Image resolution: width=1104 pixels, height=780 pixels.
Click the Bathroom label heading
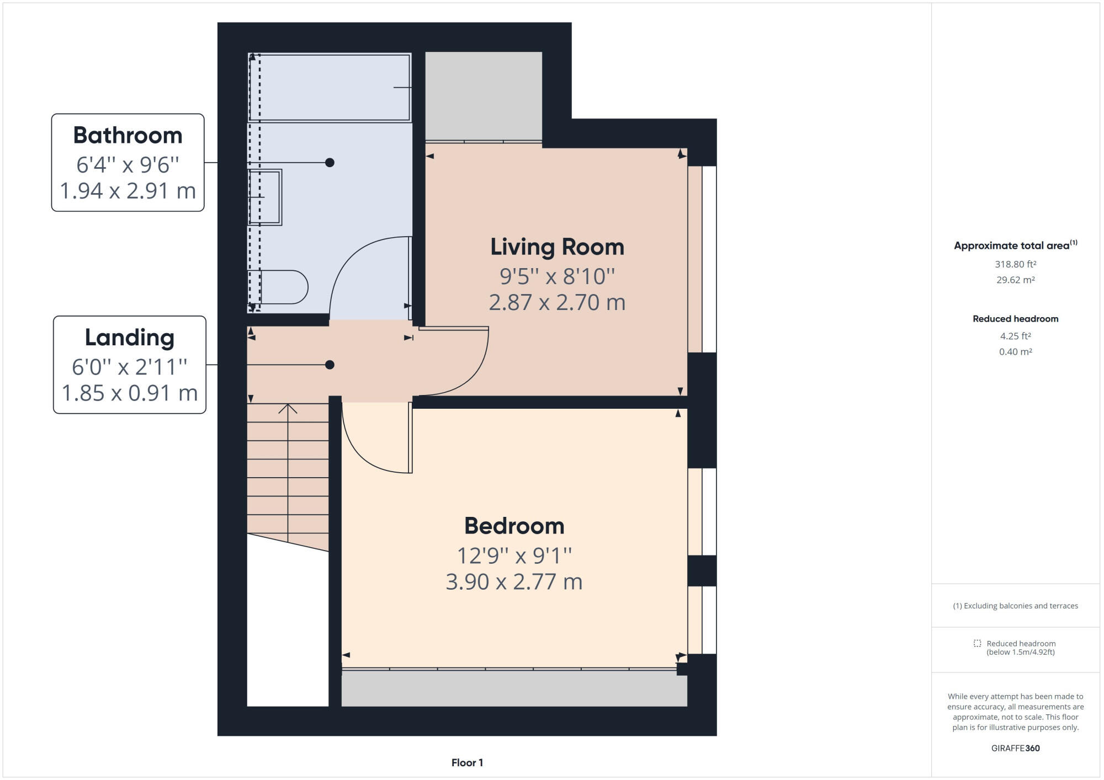128,136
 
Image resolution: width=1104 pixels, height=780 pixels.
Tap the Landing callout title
130,338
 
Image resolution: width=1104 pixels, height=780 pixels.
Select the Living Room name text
557,247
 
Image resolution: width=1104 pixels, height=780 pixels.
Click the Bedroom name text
514,526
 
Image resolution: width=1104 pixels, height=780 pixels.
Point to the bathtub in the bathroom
329,87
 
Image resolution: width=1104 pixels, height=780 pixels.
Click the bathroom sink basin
266,197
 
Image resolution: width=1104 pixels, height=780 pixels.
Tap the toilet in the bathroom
283,287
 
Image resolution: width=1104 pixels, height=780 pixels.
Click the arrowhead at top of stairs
288,409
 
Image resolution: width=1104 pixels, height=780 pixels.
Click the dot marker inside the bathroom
330,163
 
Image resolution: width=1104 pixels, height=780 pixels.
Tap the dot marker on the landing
330,365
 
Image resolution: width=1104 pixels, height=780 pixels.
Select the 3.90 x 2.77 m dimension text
514,582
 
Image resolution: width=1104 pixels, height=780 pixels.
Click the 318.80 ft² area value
1015,264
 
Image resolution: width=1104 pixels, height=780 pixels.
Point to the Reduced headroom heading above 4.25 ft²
1015,319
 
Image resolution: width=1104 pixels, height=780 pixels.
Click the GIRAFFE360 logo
1015,749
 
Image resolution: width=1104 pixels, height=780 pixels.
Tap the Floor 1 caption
467,763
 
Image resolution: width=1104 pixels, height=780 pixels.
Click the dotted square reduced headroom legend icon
977,643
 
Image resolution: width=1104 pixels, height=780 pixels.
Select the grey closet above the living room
484,95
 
